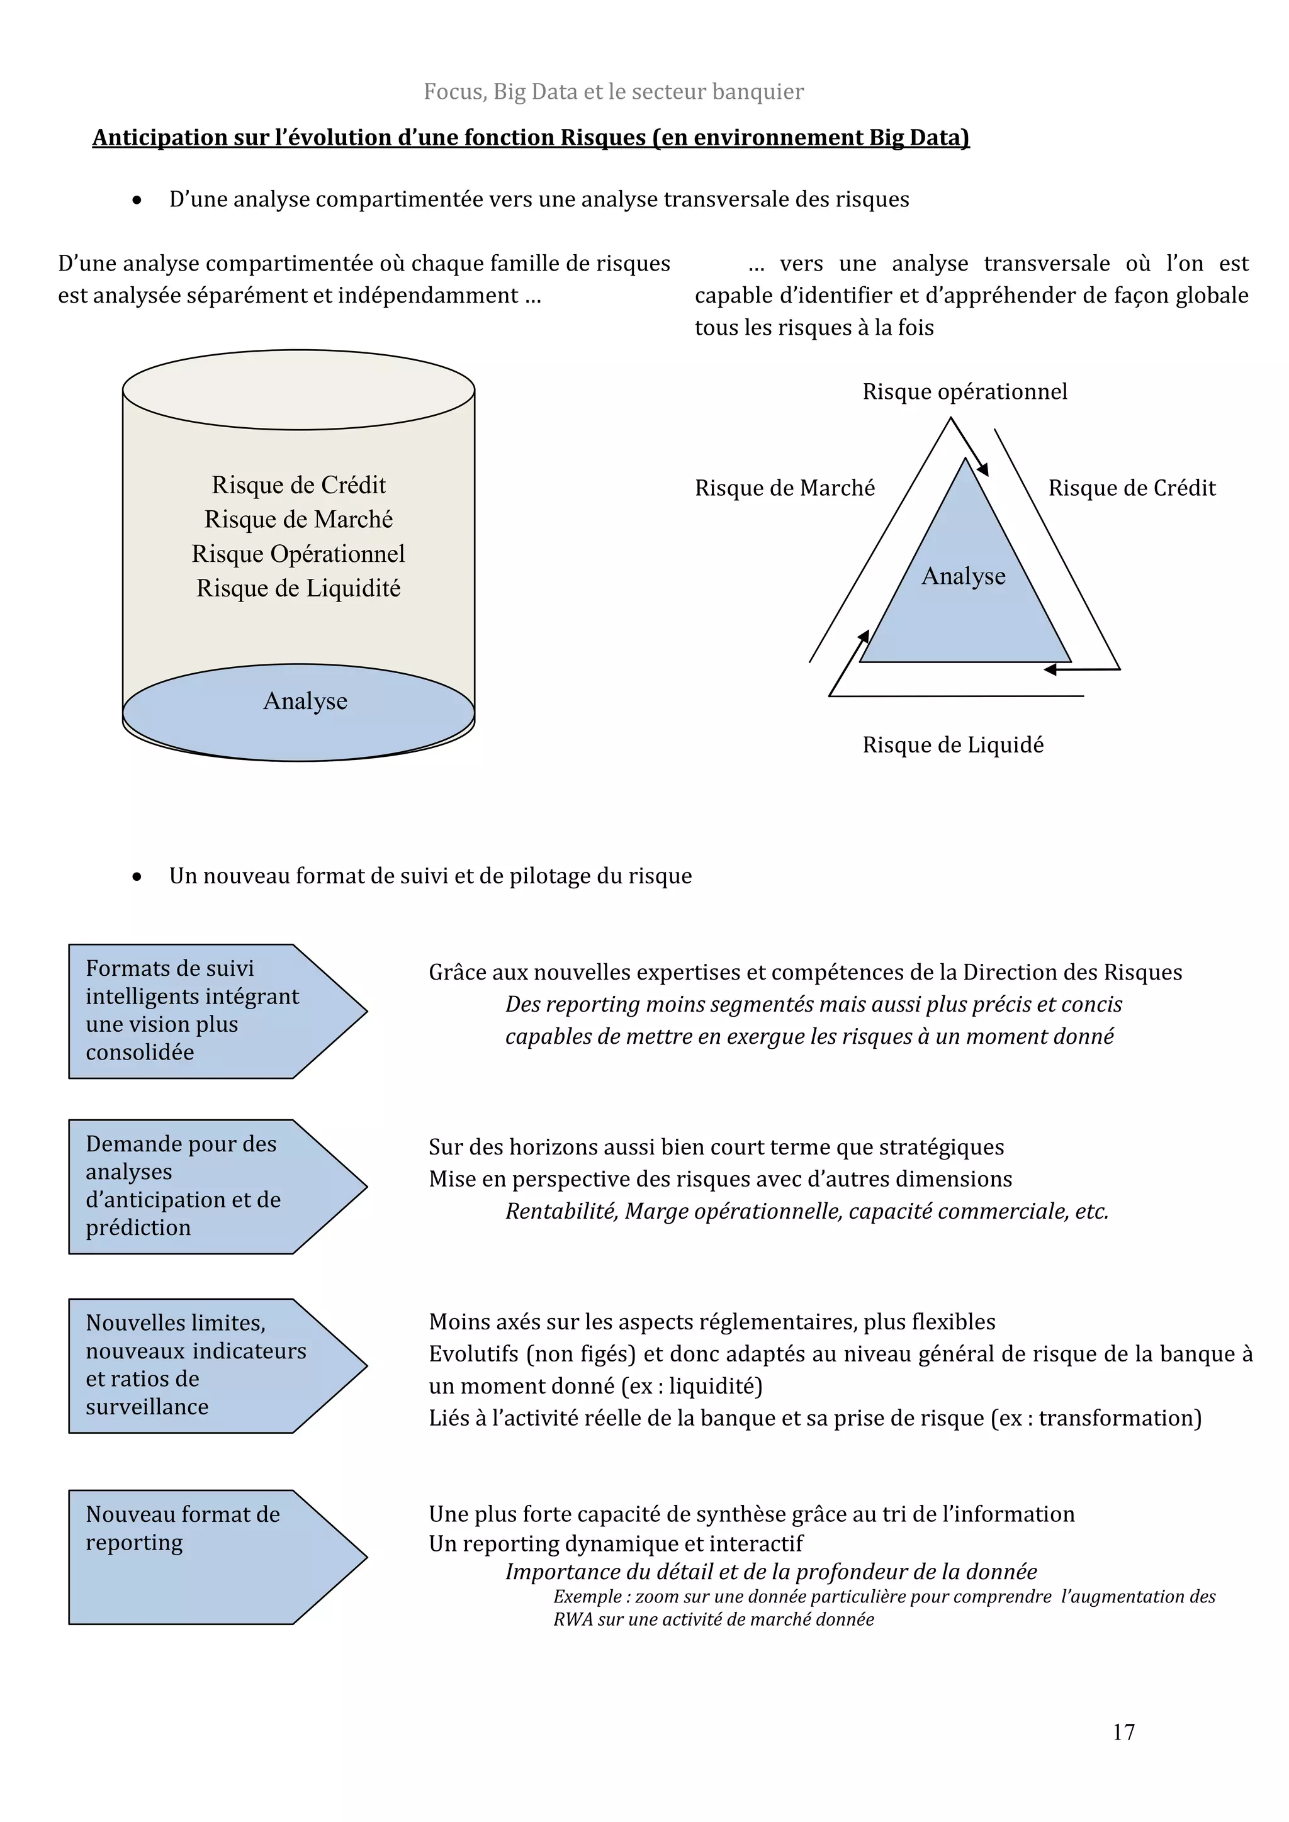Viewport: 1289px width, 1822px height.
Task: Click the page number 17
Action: click(1123, 1731)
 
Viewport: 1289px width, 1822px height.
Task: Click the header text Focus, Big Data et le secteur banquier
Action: click(613, 92)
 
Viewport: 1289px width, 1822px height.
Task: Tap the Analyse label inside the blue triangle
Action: click(963, 576)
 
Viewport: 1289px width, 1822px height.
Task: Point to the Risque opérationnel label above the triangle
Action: click(964, 391)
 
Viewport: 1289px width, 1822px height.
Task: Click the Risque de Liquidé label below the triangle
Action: click(952, 744)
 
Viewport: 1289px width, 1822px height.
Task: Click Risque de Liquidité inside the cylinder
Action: click(298, 588)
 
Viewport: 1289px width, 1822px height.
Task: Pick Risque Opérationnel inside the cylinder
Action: click(298, 554)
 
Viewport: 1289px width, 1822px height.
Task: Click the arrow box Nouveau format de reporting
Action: click(206, 1557)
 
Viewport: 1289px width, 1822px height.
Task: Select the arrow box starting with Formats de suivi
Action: click(206, 1011)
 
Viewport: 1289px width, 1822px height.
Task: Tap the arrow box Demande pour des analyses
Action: click(206, 1187)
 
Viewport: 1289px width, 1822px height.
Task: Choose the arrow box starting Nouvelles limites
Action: click(206, 1366)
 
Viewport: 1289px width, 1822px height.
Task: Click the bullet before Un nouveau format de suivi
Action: click(137, 877)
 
